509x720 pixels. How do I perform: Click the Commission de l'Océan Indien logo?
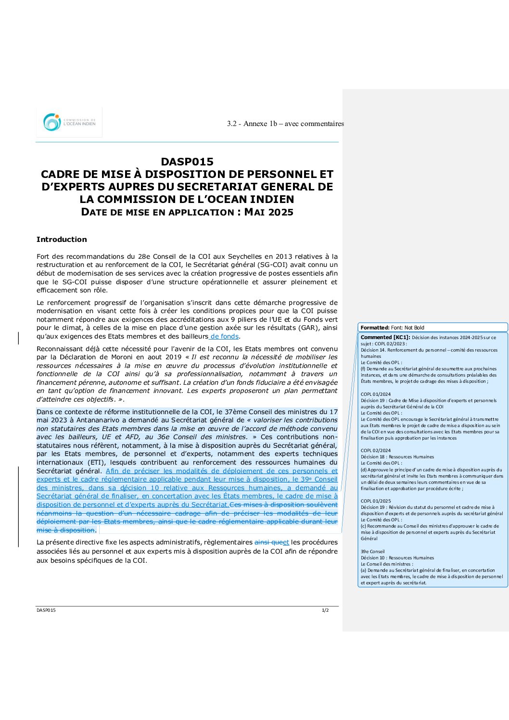69,122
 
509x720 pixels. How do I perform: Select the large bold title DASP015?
187,162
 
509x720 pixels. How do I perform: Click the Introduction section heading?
62,240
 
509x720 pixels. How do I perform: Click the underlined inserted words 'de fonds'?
225,337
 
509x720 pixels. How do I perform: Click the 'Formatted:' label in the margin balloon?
375,328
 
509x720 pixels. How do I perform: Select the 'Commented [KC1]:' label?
385,337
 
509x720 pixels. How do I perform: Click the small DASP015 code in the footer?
46,610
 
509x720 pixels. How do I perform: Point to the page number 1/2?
325,610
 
